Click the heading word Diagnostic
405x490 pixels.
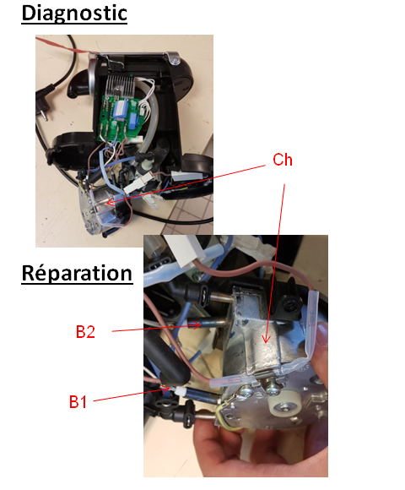click(74, 14)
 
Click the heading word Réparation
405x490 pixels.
click(77, 274)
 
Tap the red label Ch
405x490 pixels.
click(283, 160)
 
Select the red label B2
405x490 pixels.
click(85, 331)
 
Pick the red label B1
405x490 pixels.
click(78, 402)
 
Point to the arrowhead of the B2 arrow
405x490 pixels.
click(197, 325)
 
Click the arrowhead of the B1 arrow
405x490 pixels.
click(168, 389)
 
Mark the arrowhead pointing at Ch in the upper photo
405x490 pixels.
click(109, 203)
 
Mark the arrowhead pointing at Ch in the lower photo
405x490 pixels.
click(266, 339)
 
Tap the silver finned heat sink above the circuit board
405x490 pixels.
click(120, 85)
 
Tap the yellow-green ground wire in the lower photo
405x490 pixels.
click(224, 416)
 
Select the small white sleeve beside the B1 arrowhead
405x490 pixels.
click(180, 390)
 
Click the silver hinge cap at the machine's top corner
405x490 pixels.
click(174, 58)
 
